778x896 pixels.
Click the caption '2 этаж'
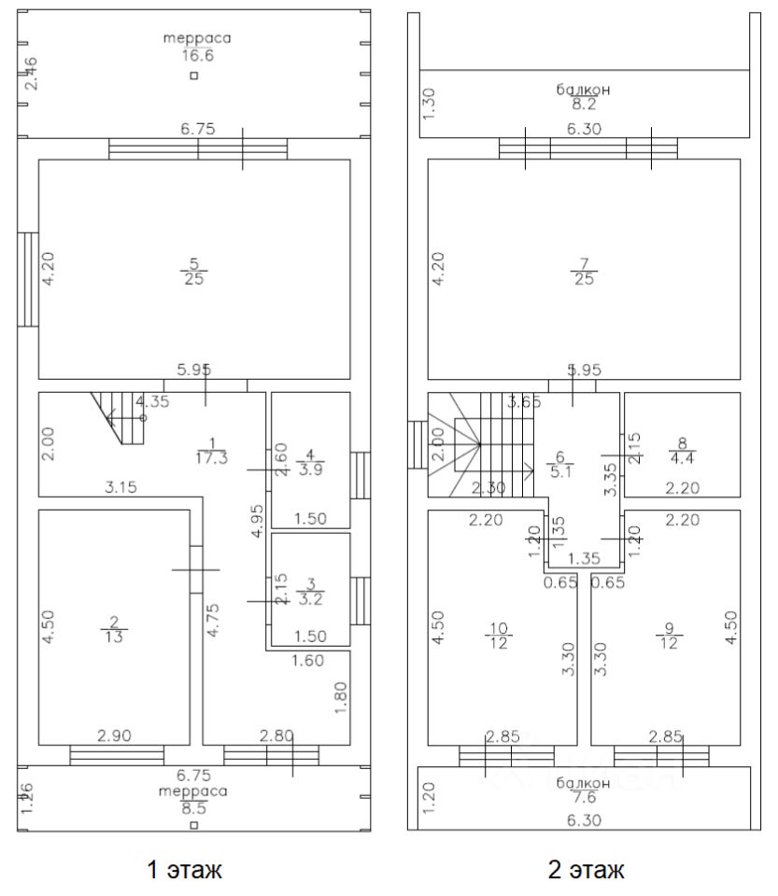coord(587,872)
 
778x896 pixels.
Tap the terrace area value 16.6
coord(195,55)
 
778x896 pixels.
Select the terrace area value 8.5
coord(194,808)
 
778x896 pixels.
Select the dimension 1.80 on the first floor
coord(340,697)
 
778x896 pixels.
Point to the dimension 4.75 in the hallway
coord(212,620)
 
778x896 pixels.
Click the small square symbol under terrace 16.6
coord(193,77)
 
